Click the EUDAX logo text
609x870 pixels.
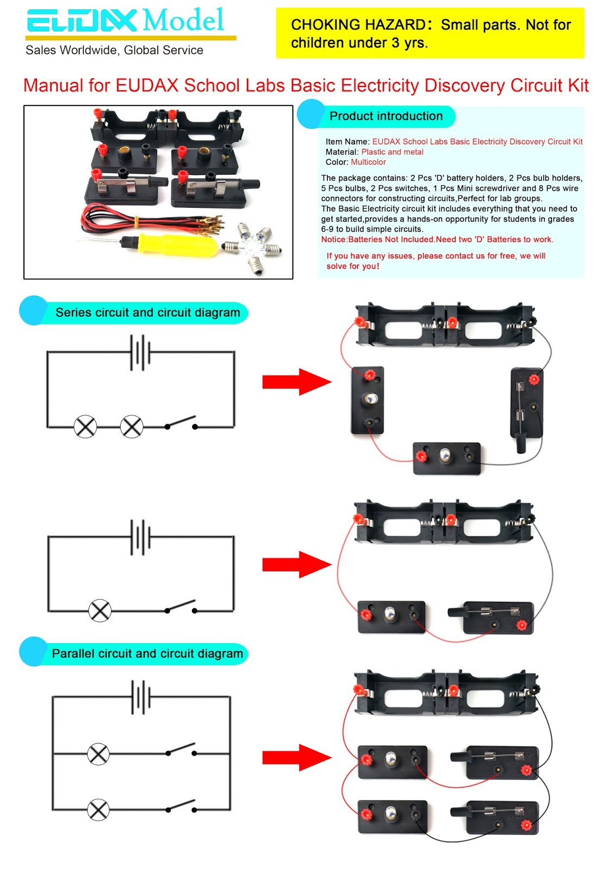click(x=82, y=21)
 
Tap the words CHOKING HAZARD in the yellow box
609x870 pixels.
click(x=357, y=24)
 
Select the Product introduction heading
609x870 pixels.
click(x=386, y=116)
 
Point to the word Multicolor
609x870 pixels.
click(x=368, y=162)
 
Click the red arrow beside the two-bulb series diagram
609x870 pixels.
click(x=296, y=382)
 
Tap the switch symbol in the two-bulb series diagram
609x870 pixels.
click(x=181, y=423)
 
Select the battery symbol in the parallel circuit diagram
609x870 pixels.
click(x=140, y=697)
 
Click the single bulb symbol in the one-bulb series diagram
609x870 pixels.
click(x=100, y=611)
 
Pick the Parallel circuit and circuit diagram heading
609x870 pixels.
click(x=147, y=653)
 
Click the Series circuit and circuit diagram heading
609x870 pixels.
click(x=147, y=312)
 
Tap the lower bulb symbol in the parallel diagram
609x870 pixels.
click(x=98, y=810)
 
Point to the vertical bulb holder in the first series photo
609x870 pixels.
click(x=368, y=400)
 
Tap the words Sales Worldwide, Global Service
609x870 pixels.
click(x=114, y=50)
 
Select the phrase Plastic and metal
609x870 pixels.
click(x=392, y=152)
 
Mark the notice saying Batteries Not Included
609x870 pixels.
click(x=437, y=239)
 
